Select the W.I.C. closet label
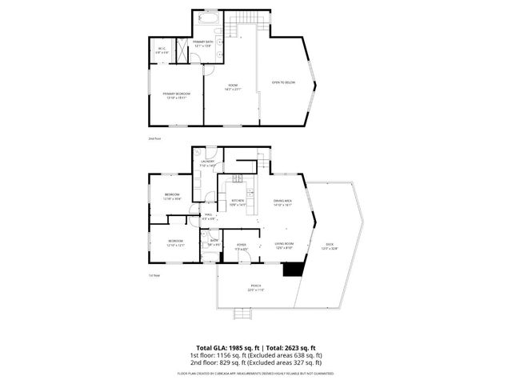[x=162, y=50]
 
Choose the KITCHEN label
[x=238, y=202]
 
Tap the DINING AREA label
[x=284, y=202]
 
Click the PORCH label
[x=255, y=286]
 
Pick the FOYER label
[x=240, y=246]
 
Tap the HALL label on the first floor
[x=207, y=215]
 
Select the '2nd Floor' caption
[x=154, y=138]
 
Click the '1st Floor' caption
[x=154, y=275]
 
